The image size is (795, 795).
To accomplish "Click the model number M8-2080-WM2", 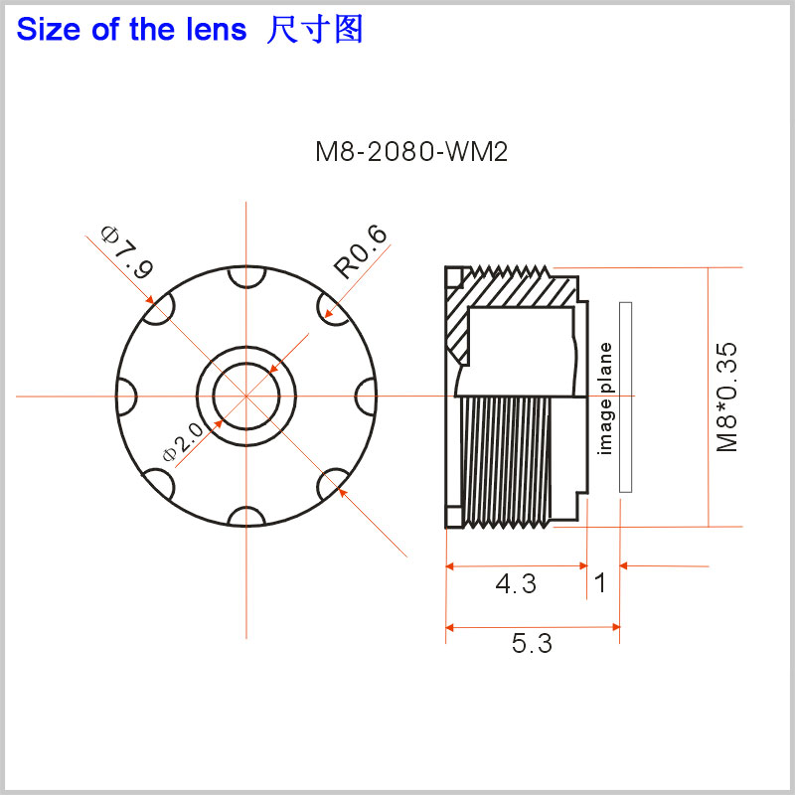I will [x=411, y=152].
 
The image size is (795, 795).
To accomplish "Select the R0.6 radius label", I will [x=360, y=252].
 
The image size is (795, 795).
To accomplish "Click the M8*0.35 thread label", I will [x=728, y=397].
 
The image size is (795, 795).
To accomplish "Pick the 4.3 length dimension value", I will [x=516, y=584].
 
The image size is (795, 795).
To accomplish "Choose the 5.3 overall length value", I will [x=532, y=644].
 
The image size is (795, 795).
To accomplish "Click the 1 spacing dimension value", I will [x=600, y=582].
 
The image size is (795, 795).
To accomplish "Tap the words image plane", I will [x=605, y=397].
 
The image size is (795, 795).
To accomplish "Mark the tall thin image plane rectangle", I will [x=625, y=397].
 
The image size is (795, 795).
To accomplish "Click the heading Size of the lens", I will [x=131, y=30].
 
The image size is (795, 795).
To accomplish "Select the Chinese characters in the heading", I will [x=315, y=30].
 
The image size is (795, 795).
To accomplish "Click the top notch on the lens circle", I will [x=245, y=276].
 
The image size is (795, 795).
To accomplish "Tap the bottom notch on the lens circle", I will [x=245, y=516].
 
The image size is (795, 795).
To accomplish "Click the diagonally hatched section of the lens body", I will [x=460, y=318].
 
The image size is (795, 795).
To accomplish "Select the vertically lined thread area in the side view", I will [x=507, y=457].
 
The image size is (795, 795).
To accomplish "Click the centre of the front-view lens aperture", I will [x=245, y=396].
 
